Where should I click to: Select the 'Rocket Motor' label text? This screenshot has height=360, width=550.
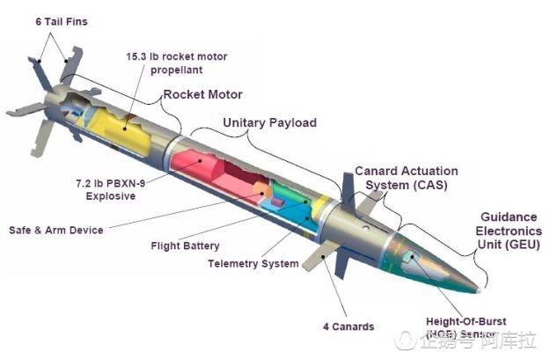click(x=202, y=94)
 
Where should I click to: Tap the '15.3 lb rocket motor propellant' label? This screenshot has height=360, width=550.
click(x=176, y=62)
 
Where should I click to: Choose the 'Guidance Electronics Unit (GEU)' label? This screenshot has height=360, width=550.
click(x=513, y=231)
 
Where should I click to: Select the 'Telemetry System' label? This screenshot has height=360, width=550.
click(x=253, y=263)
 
